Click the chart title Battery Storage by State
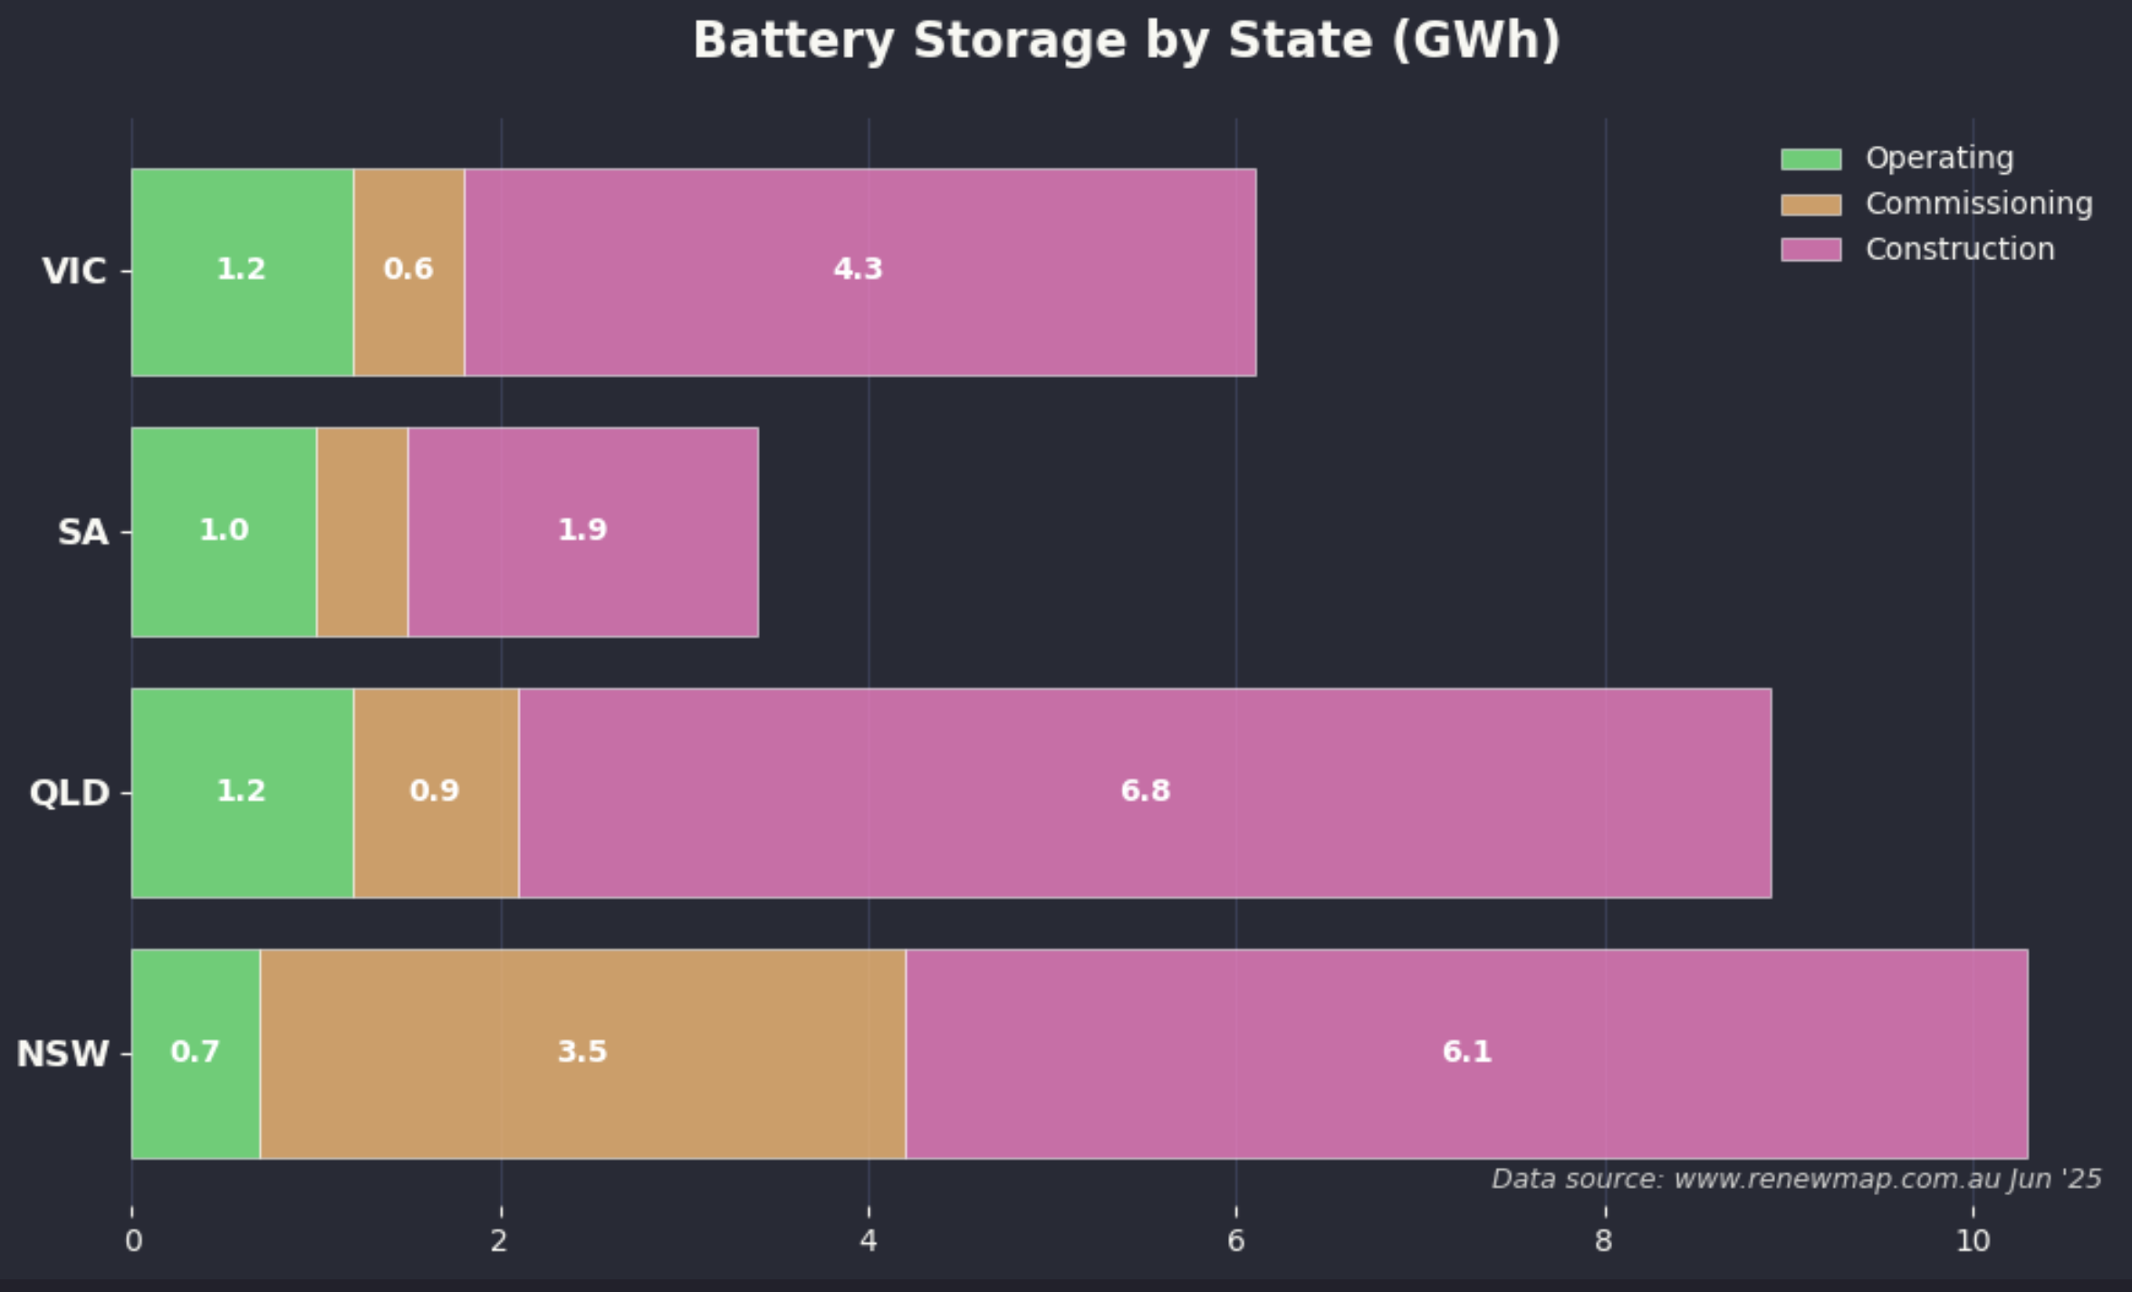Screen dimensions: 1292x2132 point(1127,42)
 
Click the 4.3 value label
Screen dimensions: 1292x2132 point(858,269)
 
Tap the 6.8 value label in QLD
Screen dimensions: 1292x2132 point(1145,791)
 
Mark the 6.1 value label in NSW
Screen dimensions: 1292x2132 point(1466,1052)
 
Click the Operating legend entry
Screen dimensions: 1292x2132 point(1938,159)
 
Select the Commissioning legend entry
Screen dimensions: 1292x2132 point(1978,204)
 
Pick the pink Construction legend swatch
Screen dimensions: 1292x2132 point(1810,249)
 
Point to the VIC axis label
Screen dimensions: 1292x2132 point(74,272)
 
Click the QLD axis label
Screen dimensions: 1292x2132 point(70,793)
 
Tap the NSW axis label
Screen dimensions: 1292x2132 point(63,1054)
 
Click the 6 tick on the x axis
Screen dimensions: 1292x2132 point(1235,1240)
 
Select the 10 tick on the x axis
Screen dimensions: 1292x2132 point(1973,1240)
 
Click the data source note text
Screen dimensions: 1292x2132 point(1796,1179)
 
